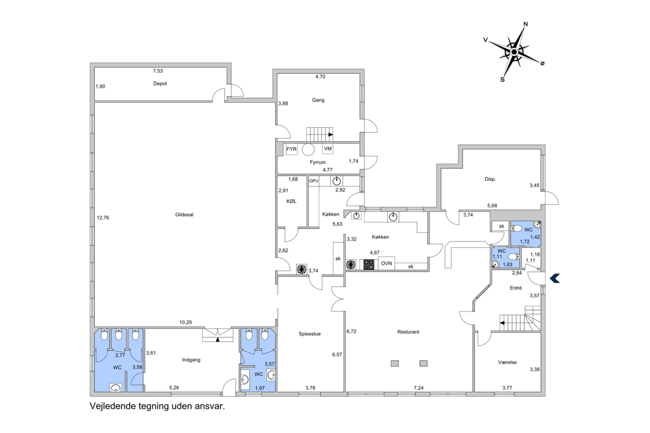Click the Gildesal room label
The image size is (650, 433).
tap(184, 214)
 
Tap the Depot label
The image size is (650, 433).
tap(160, 83)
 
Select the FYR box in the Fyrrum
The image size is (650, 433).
tap(292, 149)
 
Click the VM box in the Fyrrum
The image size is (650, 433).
tap(328, 149)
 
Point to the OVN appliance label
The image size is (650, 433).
tap(386, 263)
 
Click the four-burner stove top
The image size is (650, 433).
tap(369, 265)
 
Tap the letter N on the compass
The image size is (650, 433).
tap(525, 24)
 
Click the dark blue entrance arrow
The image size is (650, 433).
tap(555, 278)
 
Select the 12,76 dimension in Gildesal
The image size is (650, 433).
tap(103, 218)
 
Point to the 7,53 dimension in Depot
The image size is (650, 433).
tap(158, 71)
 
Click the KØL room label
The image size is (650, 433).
tap(291, 201)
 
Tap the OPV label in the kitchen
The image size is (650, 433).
tap(314, 181)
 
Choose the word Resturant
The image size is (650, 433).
tap(408, 332)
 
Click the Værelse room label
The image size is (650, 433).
tap(507, 362)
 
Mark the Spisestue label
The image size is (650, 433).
tap(310, 334)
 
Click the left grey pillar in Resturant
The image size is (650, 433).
tap(395, 363)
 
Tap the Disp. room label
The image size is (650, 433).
tap(490, 179)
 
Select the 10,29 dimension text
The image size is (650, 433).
tap(185, 322)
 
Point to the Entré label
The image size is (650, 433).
tap(516, 288)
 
